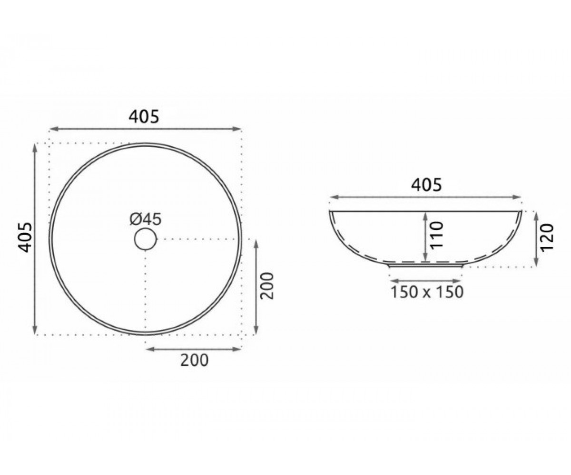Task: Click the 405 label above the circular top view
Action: coord(144,117)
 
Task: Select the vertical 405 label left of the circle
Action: coord(25,237)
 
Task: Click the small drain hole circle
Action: coord(146,239)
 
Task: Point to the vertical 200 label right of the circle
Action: coord(266,286)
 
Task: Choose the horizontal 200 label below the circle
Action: coord(195,360)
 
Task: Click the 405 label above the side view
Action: coord(426,185)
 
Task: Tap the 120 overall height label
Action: coord(547,237)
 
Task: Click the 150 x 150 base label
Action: coord(427,292)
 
